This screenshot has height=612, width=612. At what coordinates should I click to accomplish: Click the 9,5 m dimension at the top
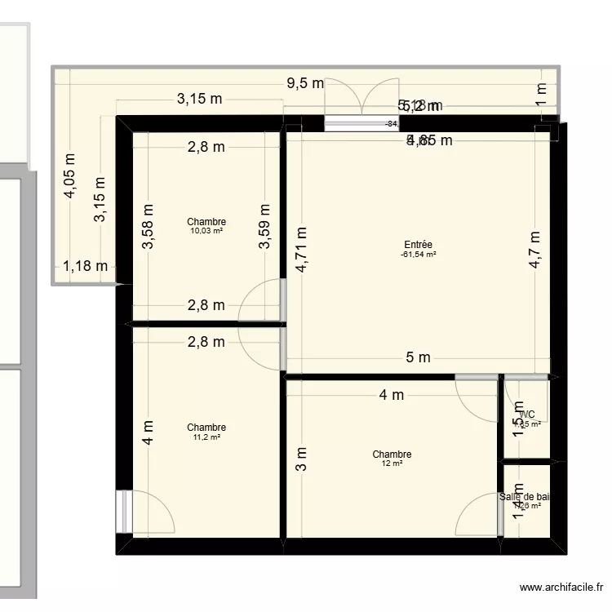(x=304, y=83)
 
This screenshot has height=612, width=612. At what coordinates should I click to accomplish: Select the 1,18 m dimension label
(x=86, y=266)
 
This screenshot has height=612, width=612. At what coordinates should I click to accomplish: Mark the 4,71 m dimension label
(x=301, y=249)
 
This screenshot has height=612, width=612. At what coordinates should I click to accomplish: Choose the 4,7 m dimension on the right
(x=534, y=250)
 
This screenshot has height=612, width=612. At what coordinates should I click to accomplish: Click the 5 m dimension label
(x=418, y=357)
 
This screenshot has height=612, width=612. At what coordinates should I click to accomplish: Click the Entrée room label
(x=418, y=245)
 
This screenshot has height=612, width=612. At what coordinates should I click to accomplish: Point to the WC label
(x=527, y=414)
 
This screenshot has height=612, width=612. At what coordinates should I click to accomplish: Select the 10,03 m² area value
(x=206, y=231)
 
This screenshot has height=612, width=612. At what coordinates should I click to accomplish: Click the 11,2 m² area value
(x=206, y=437)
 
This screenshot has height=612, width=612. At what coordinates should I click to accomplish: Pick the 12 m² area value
(x=392, y=464)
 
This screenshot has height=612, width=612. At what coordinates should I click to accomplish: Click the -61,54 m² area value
(x=418, y=255)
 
